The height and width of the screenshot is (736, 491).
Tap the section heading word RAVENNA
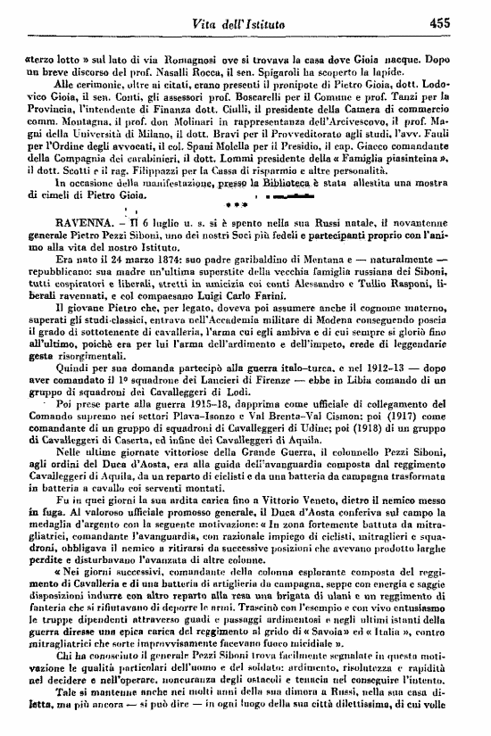(62, 240)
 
